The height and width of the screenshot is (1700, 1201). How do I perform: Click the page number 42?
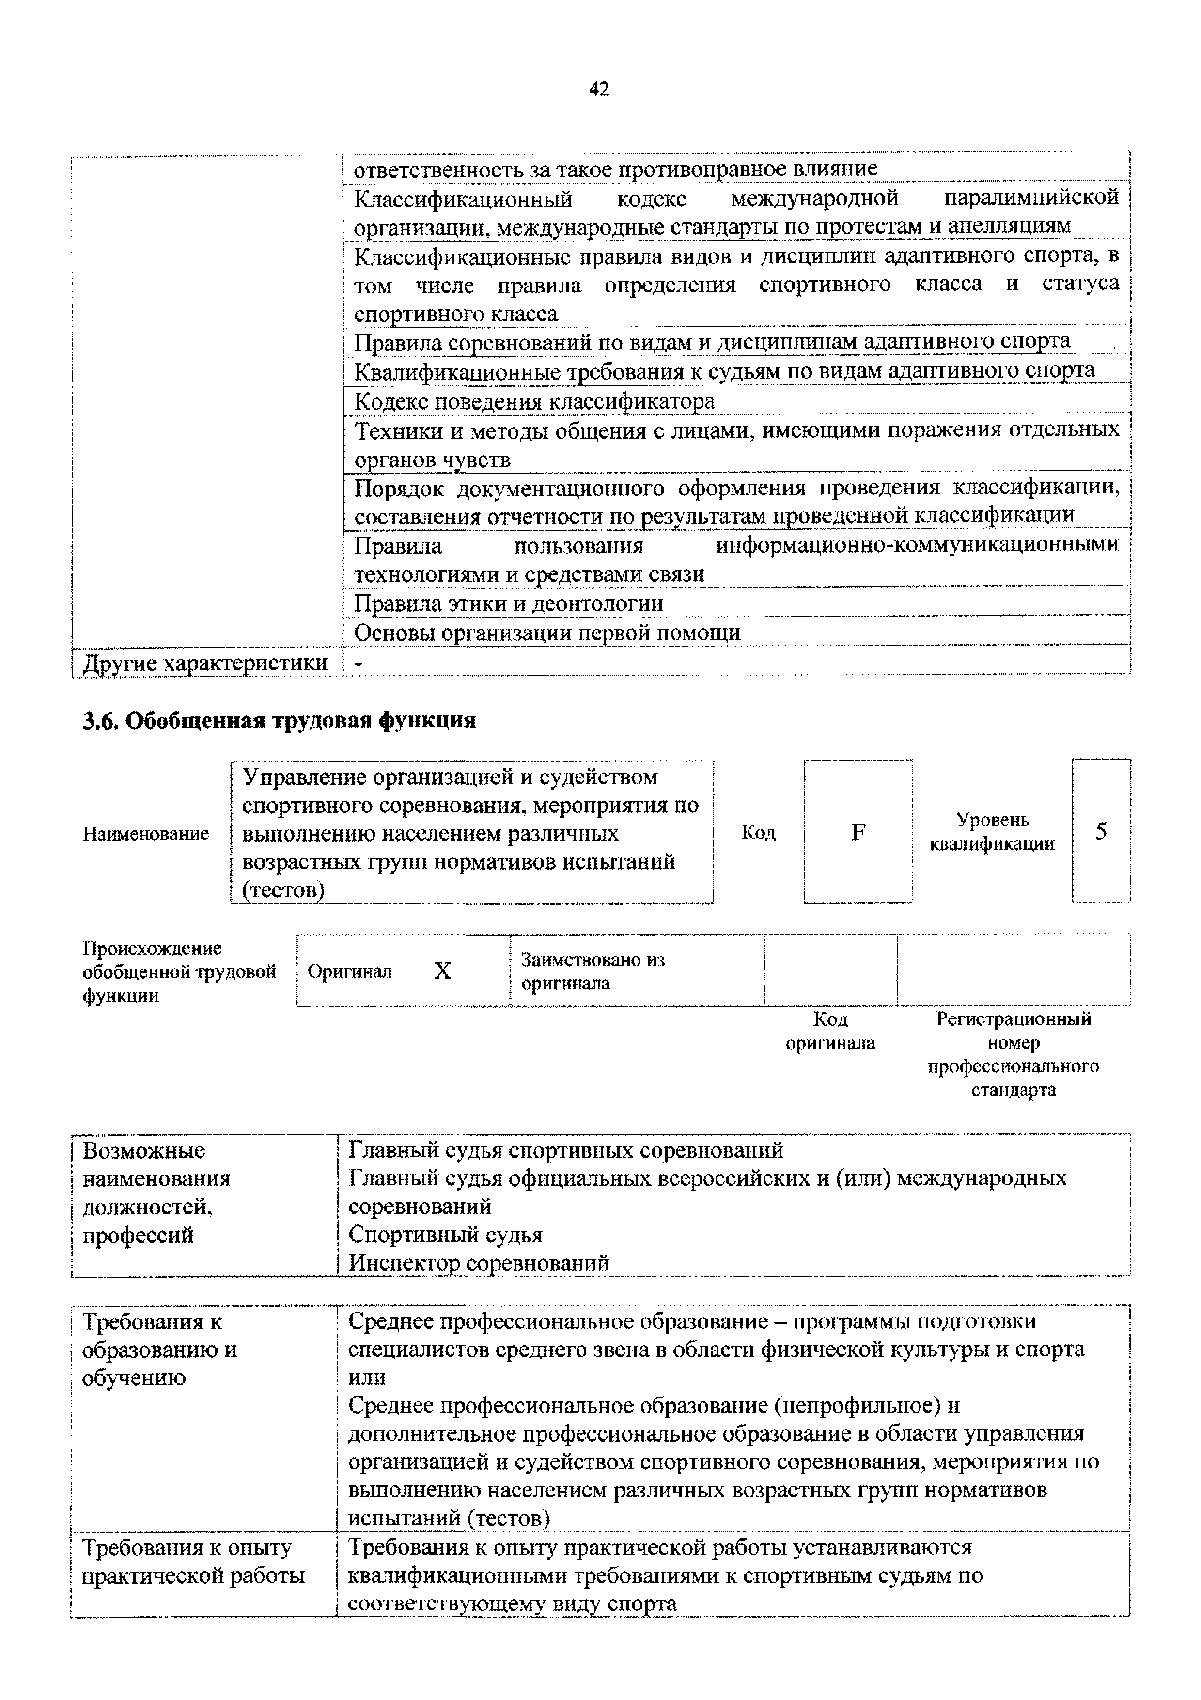(x=599, y=90)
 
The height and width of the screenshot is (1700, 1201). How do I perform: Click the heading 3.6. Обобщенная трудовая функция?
(x=279, y=720)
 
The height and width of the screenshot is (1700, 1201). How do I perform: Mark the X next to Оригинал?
(x=442, y=970)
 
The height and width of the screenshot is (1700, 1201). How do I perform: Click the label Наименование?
(x=146, y=834)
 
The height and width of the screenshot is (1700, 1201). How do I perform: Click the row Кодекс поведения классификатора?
(x=534, y=401)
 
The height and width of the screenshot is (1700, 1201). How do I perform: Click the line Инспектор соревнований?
(x=479, y=1262)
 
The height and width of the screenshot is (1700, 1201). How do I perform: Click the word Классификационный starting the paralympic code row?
(x=463, y=198)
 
